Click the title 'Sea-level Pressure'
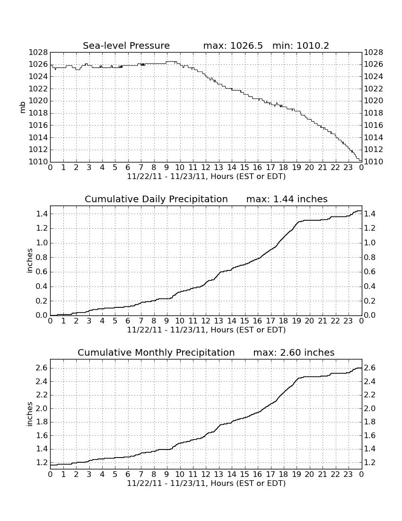point(126,45)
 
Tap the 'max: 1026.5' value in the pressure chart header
point(233,45)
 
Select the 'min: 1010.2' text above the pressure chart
point(301,45)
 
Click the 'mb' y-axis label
point(23,107)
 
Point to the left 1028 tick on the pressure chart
point(38,53)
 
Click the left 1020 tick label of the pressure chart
point(38,101)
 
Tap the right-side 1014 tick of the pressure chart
point(374,137)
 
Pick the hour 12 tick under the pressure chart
point(206,168)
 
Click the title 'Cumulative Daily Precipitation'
point(156,199)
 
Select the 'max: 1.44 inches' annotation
point(287,199)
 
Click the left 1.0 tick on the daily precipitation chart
point(42,243)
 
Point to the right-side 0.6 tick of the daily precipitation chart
point(370,272)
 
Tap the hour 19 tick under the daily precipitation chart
point(297,321)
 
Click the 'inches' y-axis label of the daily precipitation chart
point(30,261)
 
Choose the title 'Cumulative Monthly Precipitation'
point(156,352)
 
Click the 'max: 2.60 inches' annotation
point(294,352)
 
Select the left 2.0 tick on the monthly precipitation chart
point(42,408)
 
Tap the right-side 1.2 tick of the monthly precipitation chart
point(370,463)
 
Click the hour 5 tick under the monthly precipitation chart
point(115,475)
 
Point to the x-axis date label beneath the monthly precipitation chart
point(206,484)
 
